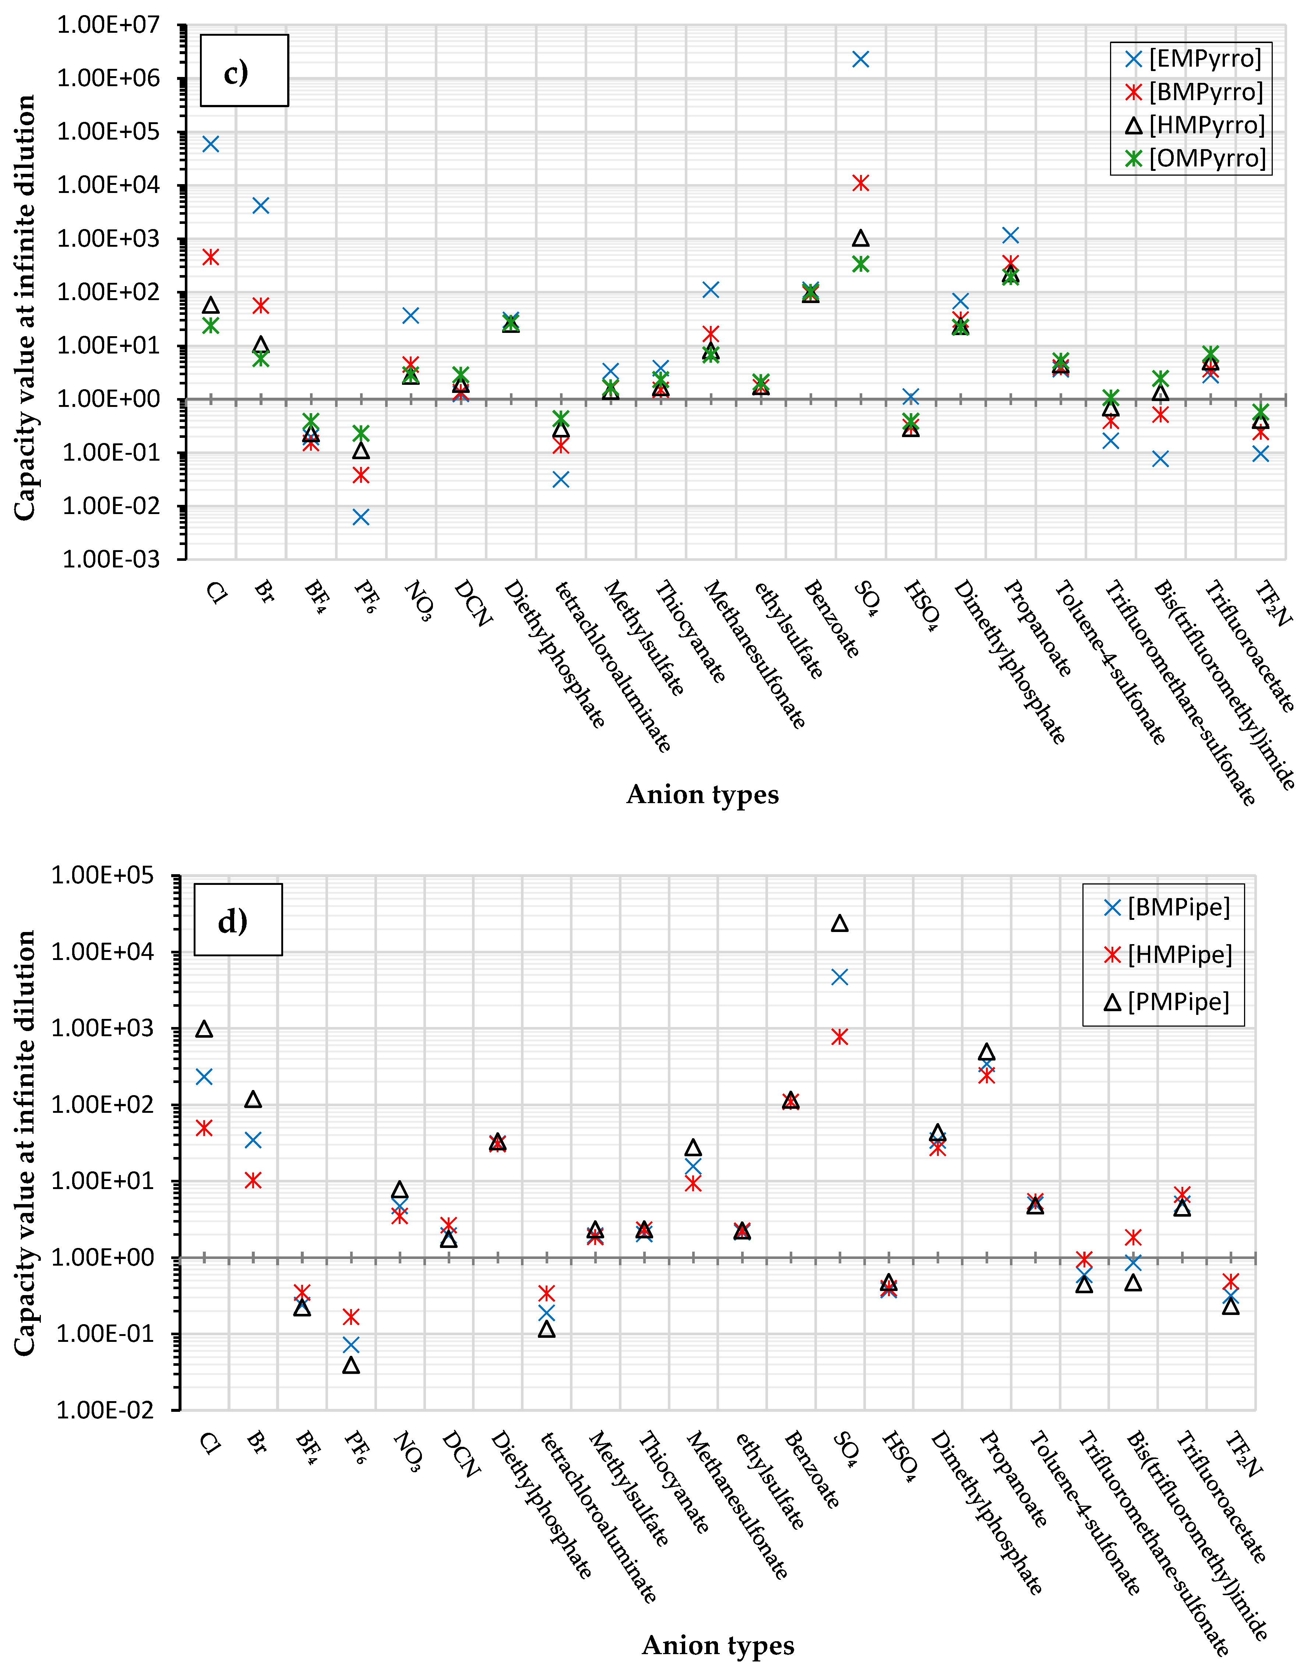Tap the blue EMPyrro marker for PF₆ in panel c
coord(361,517)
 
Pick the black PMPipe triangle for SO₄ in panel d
coord(840,924)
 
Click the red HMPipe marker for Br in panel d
coord(253,1181)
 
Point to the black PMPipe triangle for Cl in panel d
coord(204,1028)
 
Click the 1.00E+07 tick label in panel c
coord(108,25)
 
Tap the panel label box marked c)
coord(244,70)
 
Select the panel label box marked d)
coord(237,920)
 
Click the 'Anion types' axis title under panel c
coord(702,794)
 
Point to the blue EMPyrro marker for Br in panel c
coord(261,205)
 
